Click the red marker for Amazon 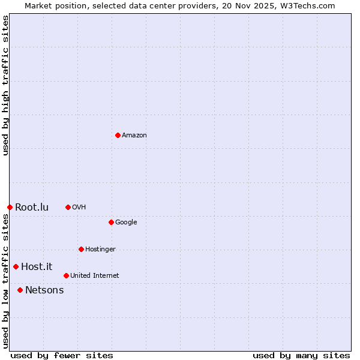click(118, 135)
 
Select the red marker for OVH click(68, 207)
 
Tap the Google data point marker click(111, 222)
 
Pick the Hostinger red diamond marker click(81, 249)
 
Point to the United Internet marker click(66, 275)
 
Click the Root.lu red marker click(10, 207)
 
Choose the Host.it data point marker click(16, 266)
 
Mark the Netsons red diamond click(20, 290)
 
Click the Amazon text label click(134, 136)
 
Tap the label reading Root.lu click(32, 208)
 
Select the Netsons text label click(44, 290)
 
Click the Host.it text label click(37, 267)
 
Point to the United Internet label click(95, 276)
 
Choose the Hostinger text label click(100, 250)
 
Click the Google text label click(126, 223)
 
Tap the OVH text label click(79, 208)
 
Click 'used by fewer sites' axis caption click(62, 355)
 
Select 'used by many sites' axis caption click(301, 355)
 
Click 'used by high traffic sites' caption click(5, 85)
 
